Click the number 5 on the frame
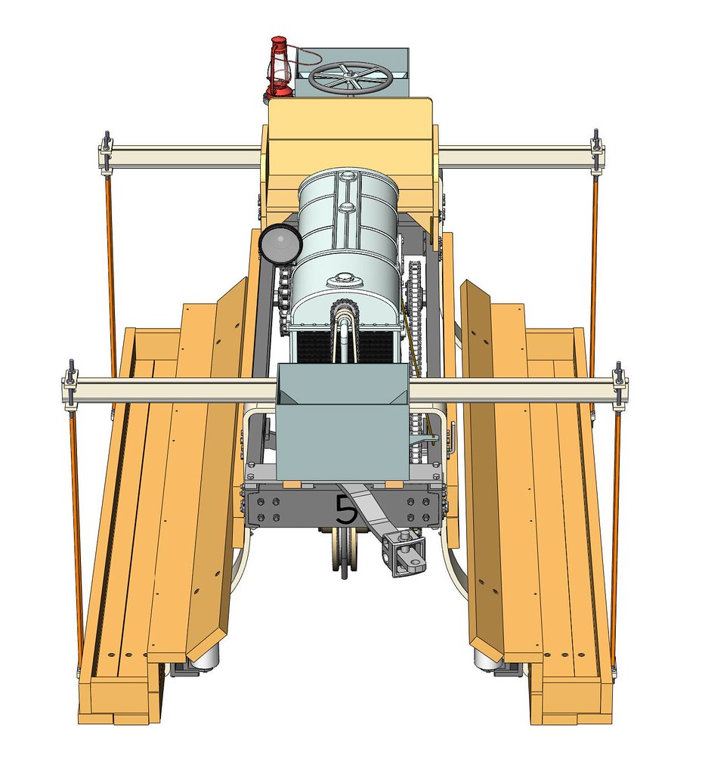[x=346, y=509]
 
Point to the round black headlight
[x=280, y=243]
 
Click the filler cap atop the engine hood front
[x=344, y=281]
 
